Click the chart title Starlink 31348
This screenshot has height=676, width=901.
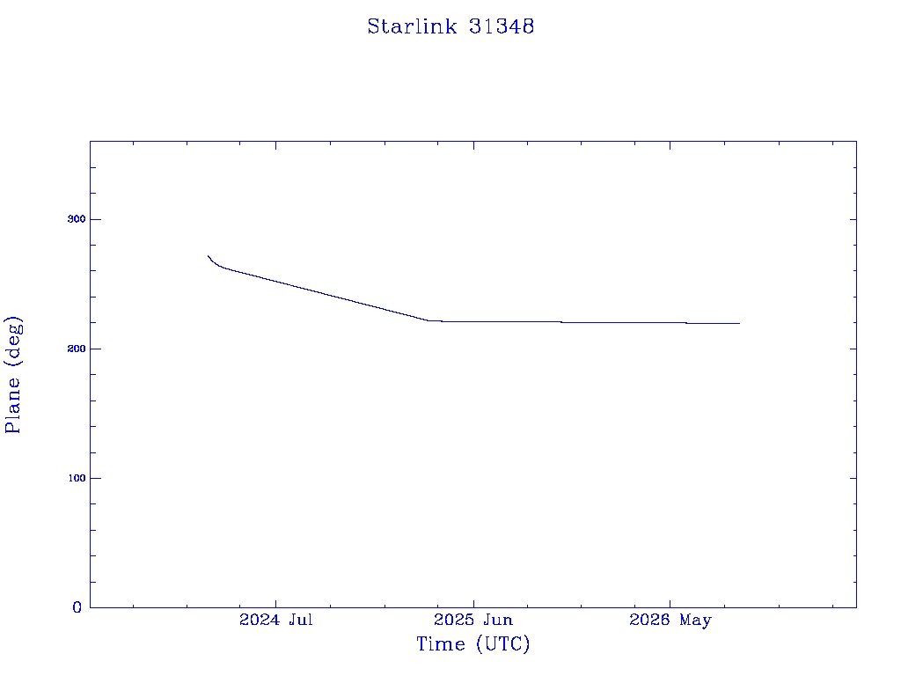point(450,26)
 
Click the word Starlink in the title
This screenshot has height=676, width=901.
point(412,26)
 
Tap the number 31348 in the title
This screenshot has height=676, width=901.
point(502,26)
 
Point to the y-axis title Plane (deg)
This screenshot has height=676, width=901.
point(12,374)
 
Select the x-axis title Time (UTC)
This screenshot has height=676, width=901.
point(472,643)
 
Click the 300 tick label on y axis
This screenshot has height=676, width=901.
point(77,219)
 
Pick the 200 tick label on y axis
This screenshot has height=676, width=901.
point(77,349)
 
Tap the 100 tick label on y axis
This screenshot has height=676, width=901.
point(77,478)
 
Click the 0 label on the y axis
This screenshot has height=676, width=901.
point(77,607)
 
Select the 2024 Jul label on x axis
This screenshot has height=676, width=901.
point(275,620)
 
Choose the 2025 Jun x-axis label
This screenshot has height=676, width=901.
point(473,620)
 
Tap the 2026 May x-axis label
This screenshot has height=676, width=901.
point(670,620)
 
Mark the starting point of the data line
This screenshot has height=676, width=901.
point(208,256)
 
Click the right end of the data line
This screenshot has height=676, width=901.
point(739,324)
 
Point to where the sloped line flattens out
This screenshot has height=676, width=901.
point(429,320)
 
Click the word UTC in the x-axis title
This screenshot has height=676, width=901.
point(502,643)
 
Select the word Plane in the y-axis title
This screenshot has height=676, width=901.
point(12,405)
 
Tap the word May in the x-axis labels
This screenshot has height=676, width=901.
point(696,621)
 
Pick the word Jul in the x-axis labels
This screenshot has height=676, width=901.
point(301,620)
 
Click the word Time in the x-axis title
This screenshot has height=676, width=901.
point(440,643)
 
